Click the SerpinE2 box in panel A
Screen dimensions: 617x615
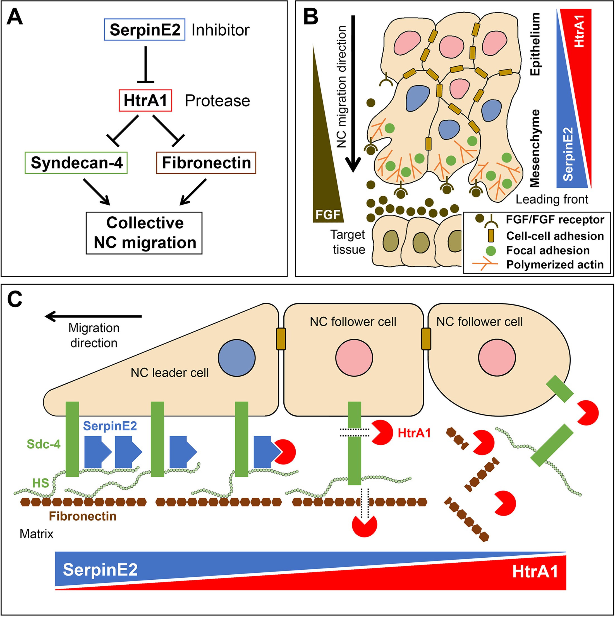pos(145,30)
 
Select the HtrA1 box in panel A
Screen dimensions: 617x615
pos(145,101)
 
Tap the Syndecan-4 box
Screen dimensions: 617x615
pos(76,163)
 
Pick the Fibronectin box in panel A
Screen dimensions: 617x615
pos(206,163)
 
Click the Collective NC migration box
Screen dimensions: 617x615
pos(144,233)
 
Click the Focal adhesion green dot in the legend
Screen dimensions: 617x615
pos(490,251)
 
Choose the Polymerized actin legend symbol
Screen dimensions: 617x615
pos(485,264)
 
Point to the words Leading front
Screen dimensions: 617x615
pos(552,199)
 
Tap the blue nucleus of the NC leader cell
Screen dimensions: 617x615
pos(237,358)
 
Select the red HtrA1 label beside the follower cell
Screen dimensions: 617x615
pos(414,433)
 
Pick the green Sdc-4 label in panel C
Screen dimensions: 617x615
pos(44,444)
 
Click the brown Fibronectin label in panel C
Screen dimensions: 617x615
pos(83,516)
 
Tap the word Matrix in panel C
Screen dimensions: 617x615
pos(37,534)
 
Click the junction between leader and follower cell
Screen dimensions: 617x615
pos(281,339)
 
